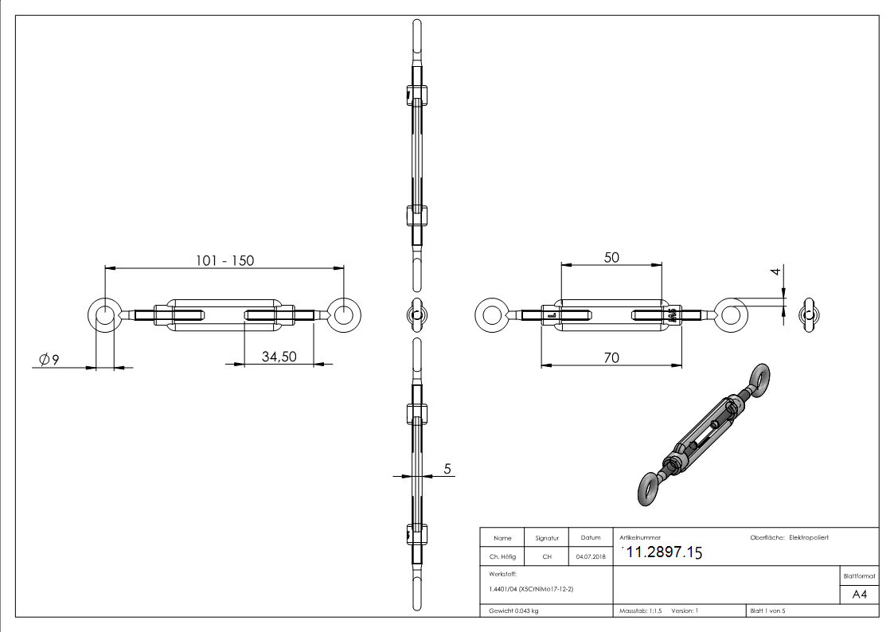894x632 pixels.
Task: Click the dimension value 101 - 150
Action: [x=226, y=260]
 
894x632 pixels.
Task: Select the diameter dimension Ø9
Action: [x=49, y=360]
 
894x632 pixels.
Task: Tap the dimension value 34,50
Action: [x=279, y=357]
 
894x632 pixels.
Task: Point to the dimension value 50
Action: [x=611, y=257]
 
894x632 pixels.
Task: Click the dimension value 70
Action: [x=611, y=358]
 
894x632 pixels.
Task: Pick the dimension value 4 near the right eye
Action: [x=775, y=272]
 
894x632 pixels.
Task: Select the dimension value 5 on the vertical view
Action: [x=447, y=470]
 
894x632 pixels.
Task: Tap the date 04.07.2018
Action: [x=590, y=556]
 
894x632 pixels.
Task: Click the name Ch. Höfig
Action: [x=502, y=556]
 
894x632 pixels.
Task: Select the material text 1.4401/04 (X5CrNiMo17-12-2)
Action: [x=531, y=589]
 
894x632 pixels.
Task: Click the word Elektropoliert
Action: [x=809, y=537]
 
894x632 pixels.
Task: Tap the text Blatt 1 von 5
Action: [x=767, y=611]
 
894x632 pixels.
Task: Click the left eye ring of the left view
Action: [x=104, y=315]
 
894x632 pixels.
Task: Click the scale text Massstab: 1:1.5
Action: [x=640, y=611]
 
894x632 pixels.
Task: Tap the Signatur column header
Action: [x=547, y=538]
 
